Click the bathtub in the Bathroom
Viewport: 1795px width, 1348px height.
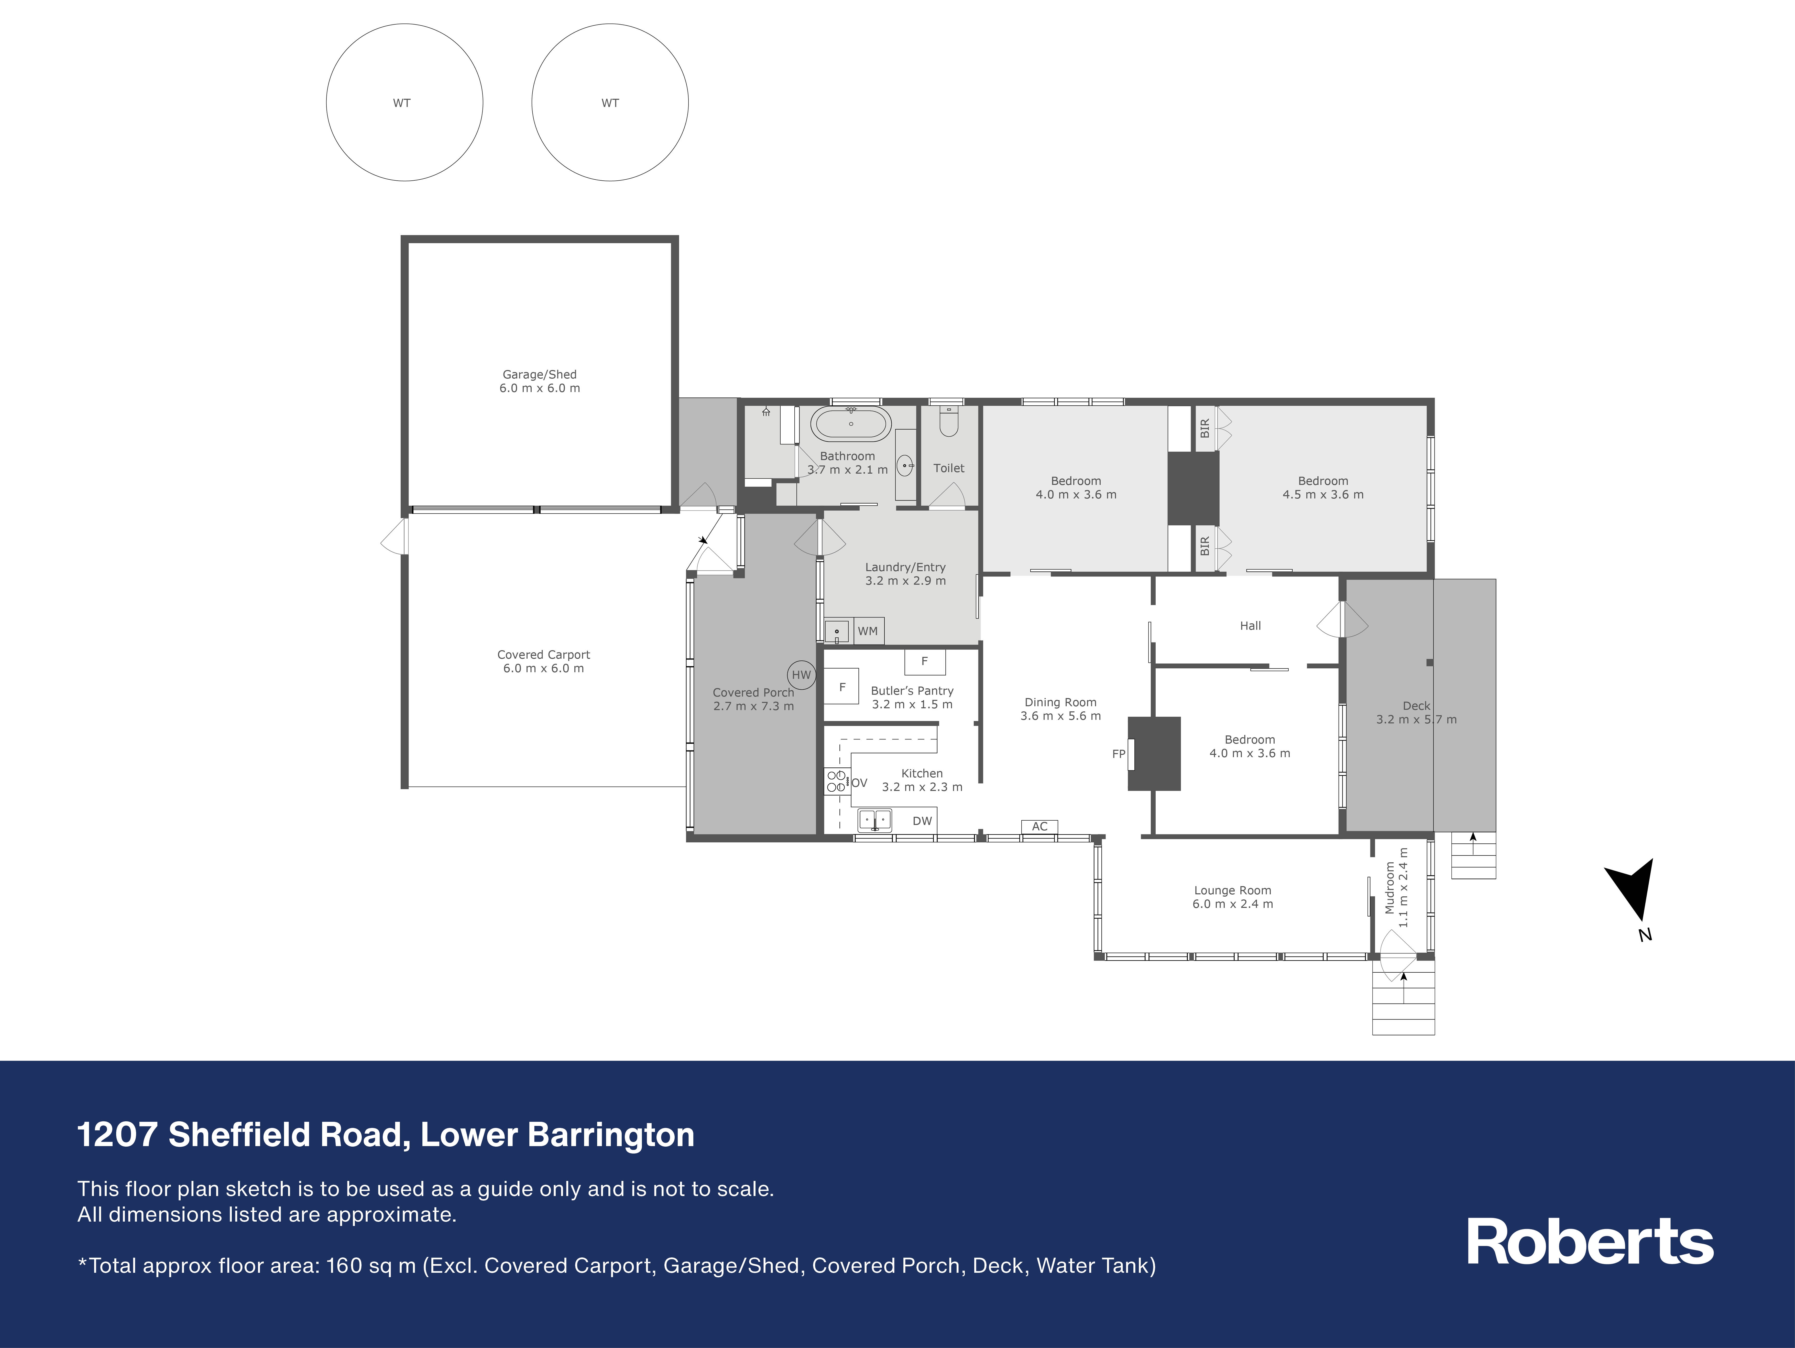pyautogui.click(x=850, y=424)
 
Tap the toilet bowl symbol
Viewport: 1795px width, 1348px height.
pyautogui.click(x=949, y=421)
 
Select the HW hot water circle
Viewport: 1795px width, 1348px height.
pyautogui.click(x=801, y=675)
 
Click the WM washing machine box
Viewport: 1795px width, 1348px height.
pyautogui.click(x=868, y=630)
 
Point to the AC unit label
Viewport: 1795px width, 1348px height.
pyautogui.click(x=1039, y=826)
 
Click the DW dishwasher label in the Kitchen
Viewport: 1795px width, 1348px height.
pyautogui.click(x=922, y=820)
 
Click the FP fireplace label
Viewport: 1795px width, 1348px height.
pyautogui.click(x=1118, y=754)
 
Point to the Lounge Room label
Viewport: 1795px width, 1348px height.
pyautogui.click(x=1233, y=890)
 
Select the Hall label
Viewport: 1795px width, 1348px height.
pyautogui.click(x=1251, y=626)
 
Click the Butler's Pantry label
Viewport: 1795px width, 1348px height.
pyautogui.click(x=912, y=691)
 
